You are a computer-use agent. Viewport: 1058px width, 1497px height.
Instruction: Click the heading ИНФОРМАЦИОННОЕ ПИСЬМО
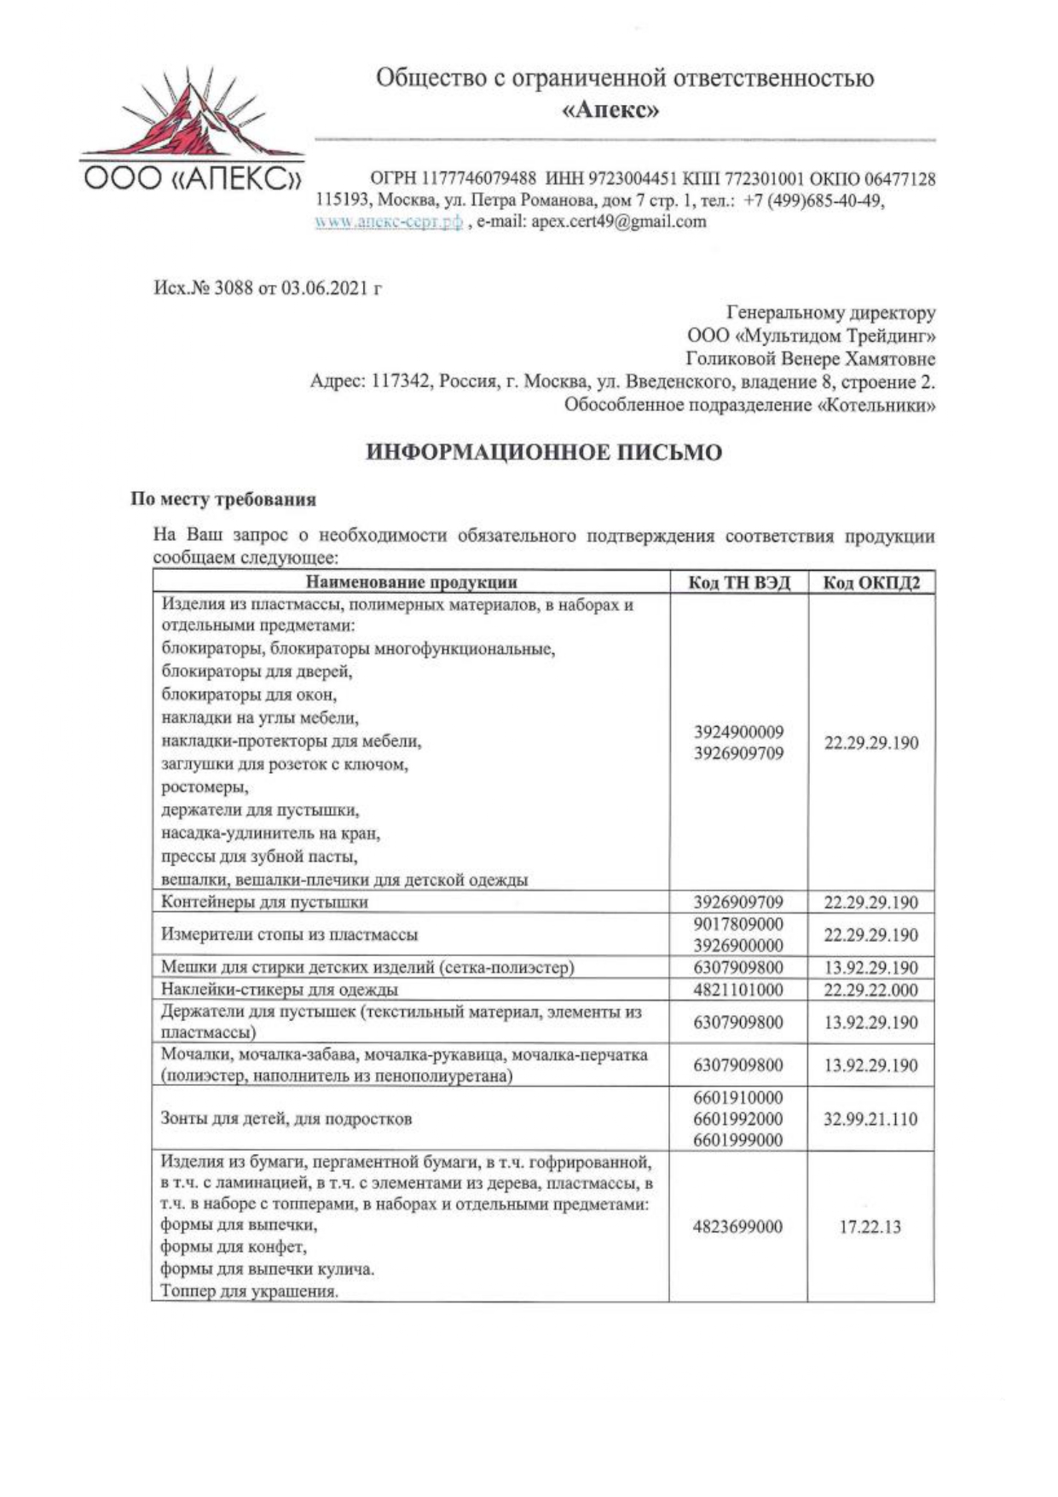pos(544,452)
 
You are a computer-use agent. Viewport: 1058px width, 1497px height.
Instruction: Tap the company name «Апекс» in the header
pos(612,110)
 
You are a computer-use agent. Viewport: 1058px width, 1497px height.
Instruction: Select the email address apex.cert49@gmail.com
pos(618,222)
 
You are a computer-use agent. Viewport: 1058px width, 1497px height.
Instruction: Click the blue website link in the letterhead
pos(389,222)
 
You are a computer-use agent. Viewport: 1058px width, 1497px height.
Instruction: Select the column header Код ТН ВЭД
pos(739,583)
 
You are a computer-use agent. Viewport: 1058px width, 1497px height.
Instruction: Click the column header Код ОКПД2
pos(870,583)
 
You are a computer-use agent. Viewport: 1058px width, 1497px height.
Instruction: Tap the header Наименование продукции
pos(411,583)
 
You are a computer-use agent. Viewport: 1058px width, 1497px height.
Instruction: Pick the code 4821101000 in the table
pos(738,989)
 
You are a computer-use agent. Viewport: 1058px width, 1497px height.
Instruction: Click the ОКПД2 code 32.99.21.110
pos(870,1119)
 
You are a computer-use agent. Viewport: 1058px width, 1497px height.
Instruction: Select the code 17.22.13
pos(870,1227)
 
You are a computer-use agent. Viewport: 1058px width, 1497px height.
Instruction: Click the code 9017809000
pos(738,924)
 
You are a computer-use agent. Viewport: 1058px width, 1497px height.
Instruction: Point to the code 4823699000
pos(738,1227)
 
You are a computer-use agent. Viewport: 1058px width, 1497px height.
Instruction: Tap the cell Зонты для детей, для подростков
pos(286,1119)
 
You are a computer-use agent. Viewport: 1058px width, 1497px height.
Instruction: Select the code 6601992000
pos(738,1119)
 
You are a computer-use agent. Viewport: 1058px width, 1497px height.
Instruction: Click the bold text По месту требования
pos(223,499)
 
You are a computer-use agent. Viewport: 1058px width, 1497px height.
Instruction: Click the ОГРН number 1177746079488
pos(477,179)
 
